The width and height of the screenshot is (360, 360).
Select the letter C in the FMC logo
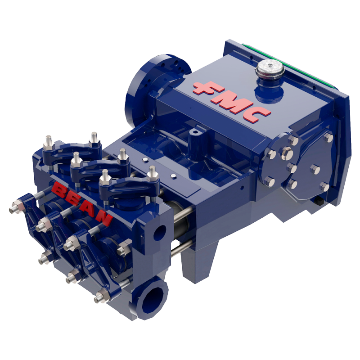pos(260,114)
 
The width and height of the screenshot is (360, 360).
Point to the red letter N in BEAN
pos(104,218)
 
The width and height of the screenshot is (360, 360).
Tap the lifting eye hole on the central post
pos(194,133)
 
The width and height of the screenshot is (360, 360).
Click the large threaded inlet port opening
pos(152,298)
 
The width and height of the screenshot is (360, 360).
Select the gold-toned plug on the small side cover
pos(288,155)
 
